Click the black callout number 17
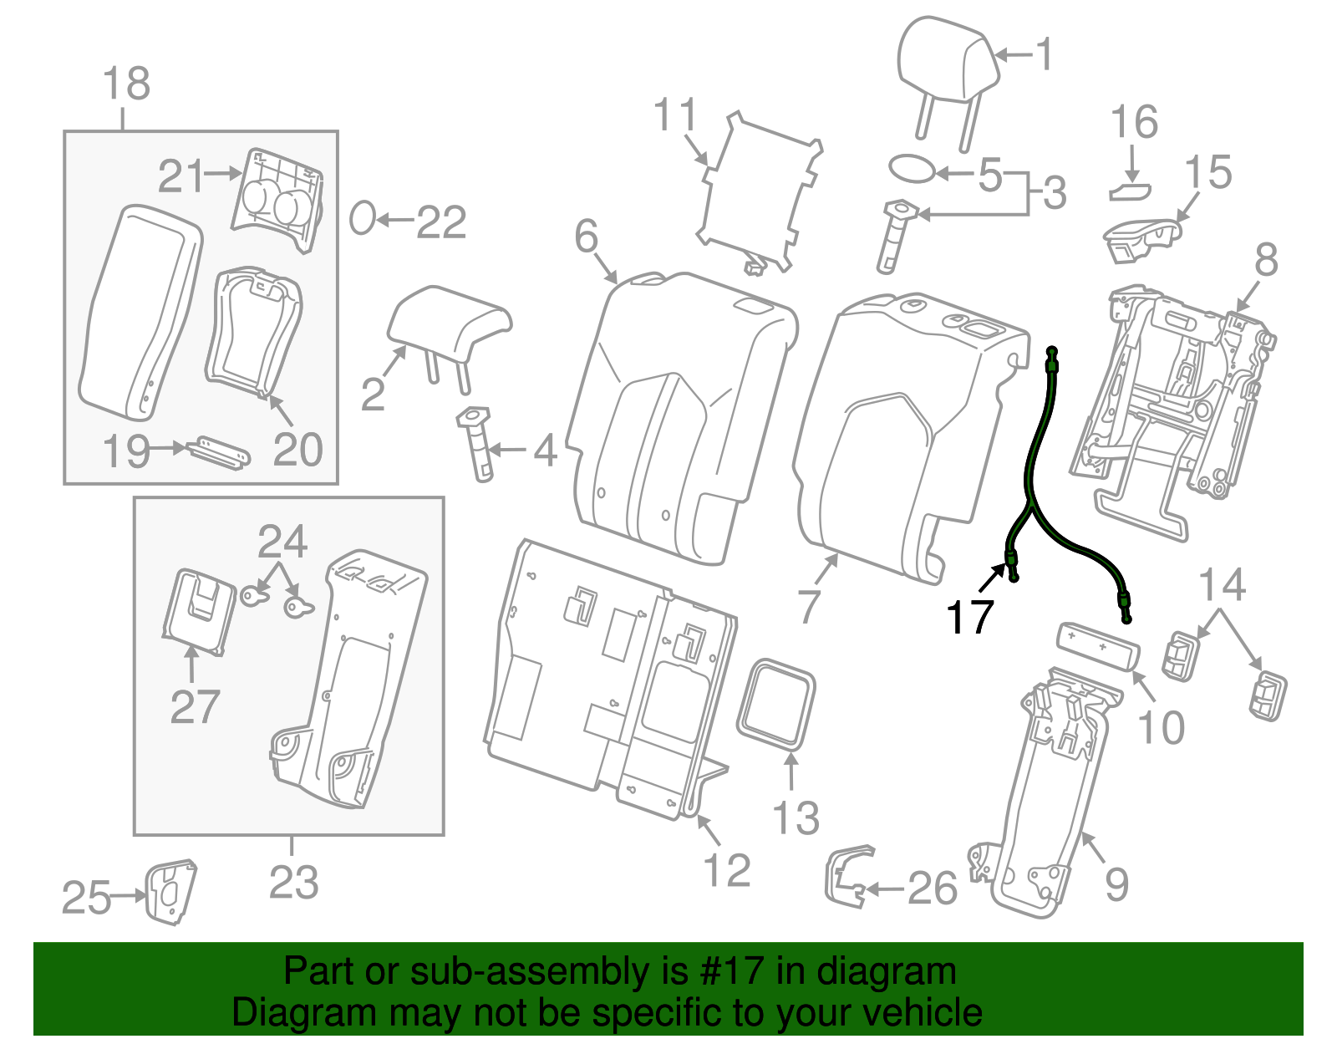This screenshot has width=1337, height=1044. (969, 618)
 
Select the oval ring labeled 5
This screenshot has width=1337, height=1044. (911, 168)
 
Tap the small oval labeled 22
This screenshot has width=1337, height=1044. (362, 219)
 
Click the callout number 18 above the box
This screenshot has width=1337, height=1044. (126, 84)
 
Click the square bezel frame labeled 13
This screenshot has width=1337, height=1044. (775, 703)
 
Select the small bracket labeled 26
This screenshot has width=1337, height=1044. (846, 877)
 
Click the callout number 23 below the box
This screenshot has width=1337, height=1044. (293, 883)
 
